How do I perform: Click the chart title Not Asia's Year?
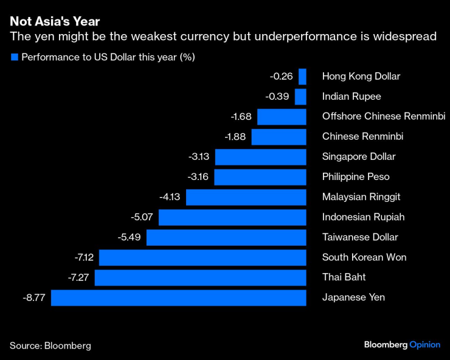click(55, 22)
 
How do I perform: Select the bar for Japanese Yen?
click(178, 297)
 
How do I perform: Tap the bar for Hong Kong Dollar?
click(302, 77)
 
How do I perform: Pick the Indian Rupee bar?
click(300, 97)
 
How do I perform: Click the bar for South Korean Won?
click(202, 257)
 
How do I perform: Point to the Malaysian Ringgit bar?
click(246, 197)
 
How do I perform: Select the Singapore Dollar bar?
click(260, 157)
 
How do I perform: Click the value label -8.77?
click(34, 297)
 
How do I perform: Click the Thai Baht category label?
click(344, 277)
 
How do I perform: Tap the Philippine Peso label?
click(355, 177)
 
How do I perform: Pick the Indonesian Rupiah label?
click(363, 217)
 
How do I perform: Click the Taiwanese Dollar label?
click(359, 237)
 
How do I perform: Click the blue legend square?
click(14, 58)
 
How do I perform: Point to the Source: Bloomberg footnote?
click(50, 345)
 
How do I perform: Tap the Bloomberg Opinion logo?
click(402, 345)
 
